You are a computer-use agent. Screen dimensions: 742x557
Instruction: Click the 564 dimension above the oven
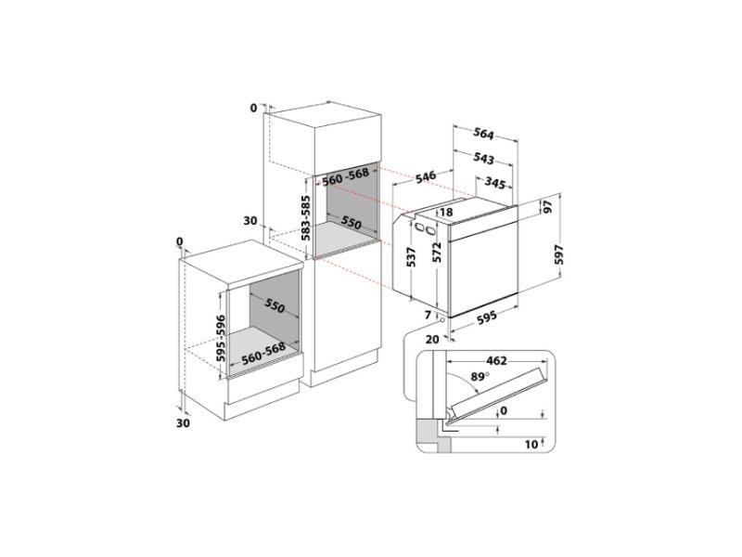click(483, 134)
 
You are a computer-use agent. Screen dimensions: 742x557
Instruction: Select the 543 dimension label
click(483, 158)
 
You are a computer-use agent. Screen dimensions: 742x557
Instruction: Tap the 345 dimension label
click(495, 183)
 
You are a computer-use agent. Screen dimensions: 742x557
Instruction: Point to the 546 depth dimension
click(426, 177)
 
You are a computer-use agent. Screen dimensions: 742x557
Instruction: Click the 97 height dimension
click(547, 207)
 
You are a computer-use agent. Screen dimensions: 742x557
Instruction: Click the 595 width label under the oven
click(486, 317)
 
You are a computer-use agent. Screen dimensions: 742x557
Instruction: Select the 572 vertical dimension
click(437, 252)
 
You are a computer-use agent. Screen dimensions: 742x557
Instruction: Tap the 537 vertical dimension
click(411, 258)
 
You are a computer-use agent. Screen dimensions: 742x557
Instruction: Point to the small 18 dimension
click(446, 213)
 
